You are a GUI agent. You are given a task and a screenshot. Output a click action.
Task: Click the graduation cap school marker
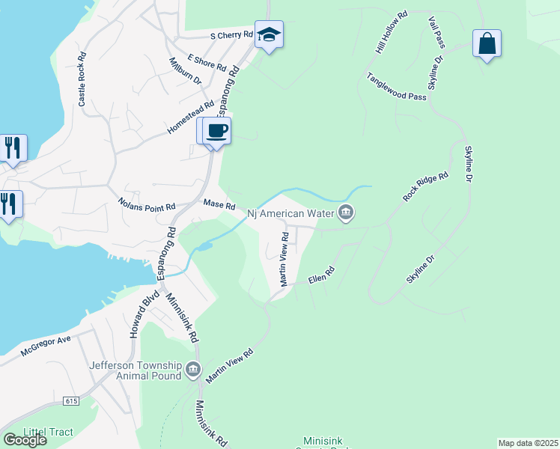coord(269,35)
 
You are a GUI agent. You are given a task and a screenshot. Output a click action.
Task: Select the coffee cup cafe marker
coord(217,131)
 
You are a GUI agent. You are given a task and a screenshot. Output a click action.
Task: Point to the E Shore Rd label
coord(207,61)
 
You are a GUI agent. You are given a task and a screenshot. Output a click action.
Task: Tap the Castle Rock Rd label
coord(83,78)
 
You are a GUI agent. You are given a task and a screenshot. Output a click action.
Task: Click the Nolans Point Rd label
coord(147,203)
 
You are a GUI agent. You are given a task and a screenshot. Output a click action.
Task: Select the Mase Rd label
coord(219,204)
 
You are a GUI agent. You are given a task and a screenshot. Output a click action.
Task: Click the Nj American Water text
coord(290,214)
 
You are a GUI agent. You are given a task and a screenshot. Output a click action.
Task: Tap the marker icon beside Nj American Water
coord(346,213)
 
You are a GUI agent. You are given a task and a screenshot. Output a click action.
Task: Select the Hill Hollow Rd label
coord(391,32)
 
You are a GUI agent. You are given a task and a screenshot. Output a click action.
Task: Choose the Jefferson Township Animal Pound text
coord(136,370)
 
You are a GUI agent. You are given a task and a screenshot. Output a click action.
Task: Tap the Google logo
coord(25,439)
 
